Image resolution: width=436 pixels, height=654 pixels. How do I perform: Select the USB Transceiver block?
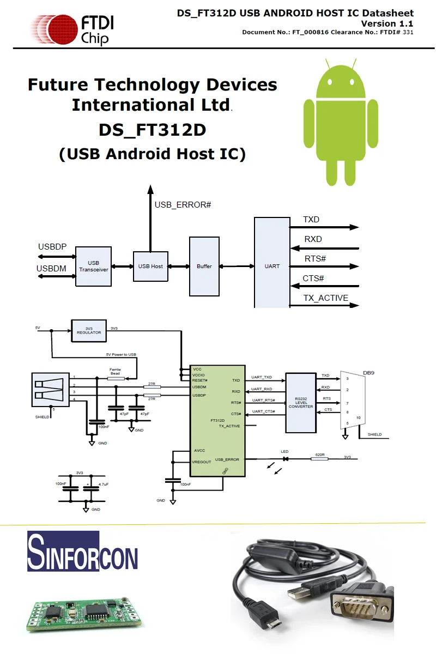click(94, 266)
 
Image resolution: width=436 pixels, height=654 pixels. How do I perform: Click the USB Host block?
click(150, 266)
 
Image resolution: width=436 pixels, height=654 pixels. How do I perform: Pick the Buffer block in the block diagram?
click(204, 266)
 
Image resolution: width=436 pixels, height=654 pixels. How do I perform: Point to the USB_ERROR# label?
click(183, 205)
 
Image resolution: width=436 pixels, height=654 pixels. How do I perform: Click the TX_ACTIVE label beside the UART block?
click(325, 298)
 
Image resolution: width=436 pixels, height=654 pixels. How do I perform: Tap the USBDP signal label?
click(52, 247)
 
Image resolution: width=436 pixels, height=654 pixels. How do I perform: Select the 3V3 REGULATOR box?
click(89, 331)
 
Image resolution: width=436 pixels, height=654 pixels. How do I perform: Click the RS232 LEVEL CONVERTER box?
click(301, 403)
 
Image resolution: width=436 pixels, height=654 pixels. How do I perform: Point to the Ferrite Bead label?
click(115, 371)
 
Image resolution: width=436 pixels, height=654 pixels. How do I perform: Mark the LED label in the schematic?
click(284, 452)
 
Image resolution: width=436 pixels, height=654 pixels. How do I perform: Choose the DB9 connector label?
click(368, 373)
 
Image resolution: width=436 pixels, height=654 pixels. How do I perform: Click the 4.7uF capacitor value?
click(103, 484)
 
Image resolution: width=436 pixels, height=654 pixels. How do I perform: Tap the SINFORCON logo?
click(82, 551)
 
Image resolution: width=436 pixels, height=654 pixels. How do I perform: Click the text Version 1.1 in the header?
click(386, 23)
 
